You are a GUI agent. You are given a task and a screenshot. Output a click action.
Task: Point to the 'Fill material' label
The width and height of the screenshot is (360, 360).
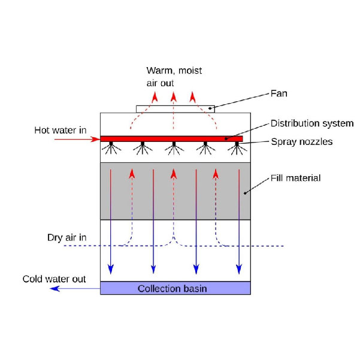pos(295,178)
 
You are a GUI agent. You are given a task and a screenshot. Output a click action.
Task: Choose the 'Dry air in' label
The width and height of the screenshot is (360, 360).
pos(67,237)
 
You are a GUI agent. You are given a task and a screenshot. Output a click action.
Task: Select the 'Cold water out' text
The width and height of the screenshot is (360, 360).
pos(55,279)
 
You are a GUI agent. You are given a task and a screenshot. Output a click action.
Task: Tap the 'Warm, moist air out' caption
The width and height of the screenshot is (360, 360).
pos(174,77)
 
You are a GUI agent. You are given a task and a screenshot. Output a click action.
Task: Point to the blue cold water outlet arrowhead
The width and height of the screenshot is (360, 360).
pos(55,289)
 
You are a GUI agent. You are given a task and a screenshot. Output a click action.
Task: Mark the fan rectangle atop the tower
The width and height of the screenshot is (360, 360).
pos(176,109)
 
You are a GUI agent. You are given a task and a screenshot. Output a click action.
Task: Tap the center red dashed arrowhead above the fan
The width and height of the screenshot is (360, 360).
pos(174,96)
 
